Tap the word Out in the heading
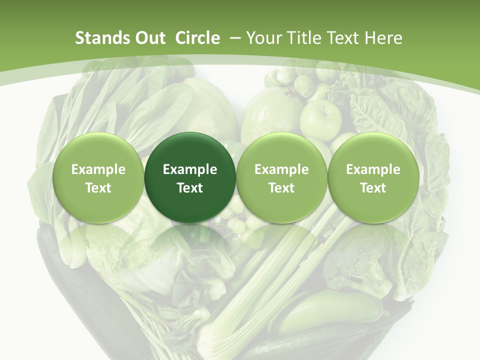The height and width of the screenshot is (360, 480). (148, 38)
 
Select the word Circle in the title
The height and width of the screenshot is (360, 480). (197, 38)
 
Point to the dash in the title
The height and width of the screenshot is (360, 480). (233, 38)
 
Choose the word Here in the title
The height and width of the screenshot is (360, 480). (383, 38)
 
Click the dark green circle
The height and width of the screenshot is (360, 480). (190, 177)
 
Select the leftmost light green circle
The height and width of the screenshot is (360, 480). (98, 177)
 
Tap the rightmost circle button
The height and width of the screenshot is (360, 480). (373, 177)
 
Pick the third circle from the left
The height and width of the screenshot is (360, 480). (281, 177)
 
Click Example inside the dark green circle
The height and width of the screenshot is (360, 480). (190, 169)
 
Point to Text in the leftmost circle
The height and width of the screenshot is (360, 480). (98, 188)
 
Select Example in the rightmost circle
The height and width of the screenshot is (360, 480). (373, 169)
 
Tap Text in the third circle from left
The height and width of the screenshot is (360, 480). (281, 188)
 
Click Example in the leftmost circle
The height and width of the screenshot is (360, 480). (98, 169)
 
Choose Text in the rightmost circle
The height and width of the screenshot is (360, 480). (373, 188)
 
